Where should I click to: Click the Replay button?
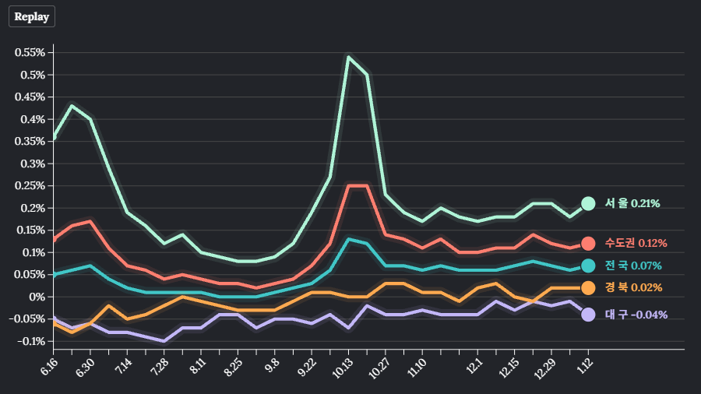[x=31, y=16]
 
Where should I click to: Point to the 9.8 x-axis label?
[x=273, y=364]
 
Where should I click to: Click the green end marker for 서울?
[x=588, y=203]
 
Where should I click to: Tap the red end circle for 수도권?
[x=588, y=243]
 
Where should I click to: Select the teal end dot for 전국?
[x=588, y=266]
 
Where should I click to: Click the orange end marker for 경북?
[x=588, y=288]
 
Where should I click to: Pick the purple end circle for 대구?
[x=588, y=315]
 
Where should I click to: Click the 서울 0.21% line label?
[x=632, y=203]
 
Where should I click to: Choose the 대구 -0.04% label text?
[x=636, y=315]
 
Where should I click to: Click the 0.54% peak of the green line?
[x=348, y=57]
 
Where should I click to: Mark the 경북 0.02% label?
[x=633, y=288]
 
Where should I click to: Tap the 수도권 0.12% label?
[x=636, y=243]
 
